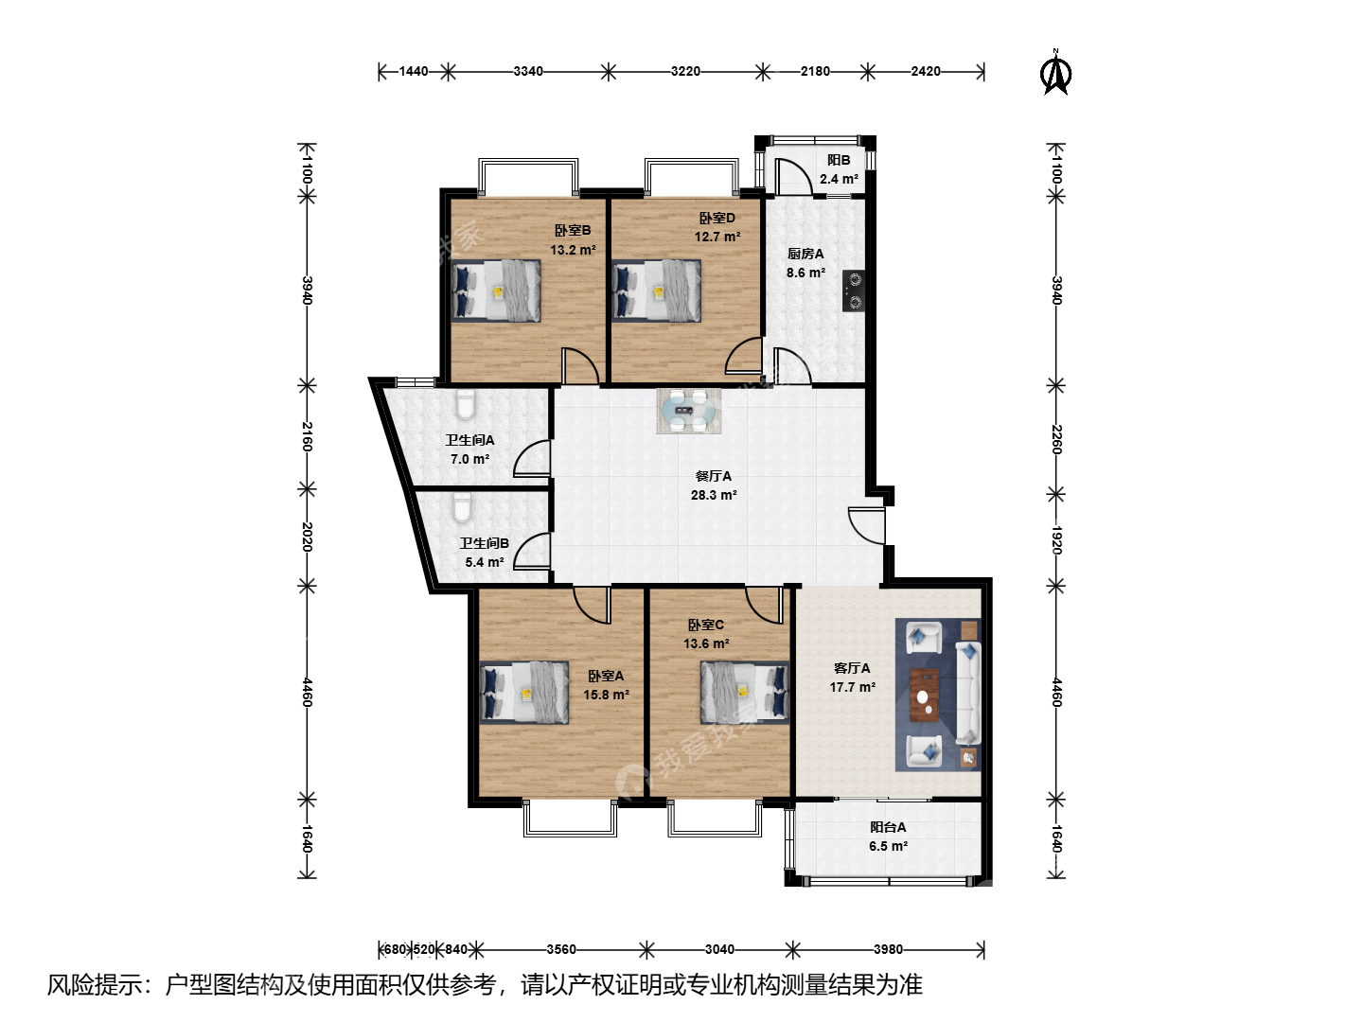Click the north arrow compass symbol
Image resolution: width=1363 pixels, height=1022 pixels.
click(x=1055, y=73)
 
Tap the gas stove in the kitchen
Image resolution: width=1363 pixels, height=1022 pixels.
click(x=854, y=291)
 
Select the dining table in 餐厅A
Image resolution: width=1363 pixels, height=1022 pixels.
click(x=689, y=410)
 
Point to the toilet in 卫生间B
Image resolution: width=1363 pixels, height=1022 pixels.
click(x=461, y=507)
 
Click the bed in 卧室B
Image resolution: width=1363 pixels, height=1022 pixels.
click(x=496, y=291)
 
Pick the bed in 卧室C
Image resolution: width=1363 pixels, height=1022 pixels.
click(x=745, y=693)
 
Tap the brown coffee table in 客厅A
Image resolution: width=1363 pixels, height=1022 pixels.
click(x=925, y=695)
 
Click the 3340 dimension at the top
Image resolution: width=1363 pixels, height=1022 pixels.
click(x=528, y=71)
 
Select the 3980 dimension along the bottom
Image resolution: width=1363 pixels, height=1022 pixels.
click(x=888, y=949)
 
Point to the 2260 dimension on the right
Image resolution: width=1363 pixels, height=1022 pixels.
click(x=1056, y=439)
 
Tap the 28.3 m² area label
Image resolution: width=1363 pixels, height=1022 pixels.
click(x=714, y=495)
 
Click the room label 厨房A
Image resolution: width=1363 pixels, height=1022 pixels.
click(x=805, y=254)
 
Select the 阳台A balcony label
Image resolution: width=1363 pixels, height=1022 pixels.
click(x=887, y=827)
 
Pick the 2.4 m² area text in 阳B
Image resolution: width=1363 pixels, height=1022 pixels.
click(x=839, y=180)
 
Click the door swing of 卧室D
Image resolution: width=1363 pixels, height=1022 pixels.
click(x=744, y=356)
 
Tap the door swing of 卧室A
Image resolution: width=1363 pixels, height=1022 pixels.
click(x=592, y=605)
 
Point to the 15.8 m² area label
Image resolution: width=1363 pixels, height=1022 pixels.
click(x=606, y=695)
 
